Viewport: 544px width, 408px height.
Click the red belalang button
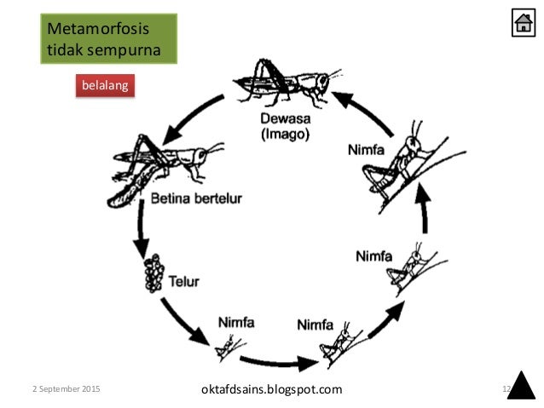coord(106,87)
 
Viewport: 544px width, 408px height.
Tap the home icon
coord(523,23)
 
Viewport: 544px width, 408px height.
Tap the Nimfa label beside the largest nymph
coord(366,150)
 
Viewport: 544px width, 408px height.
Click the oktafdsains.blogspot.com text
coord(269,389)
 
